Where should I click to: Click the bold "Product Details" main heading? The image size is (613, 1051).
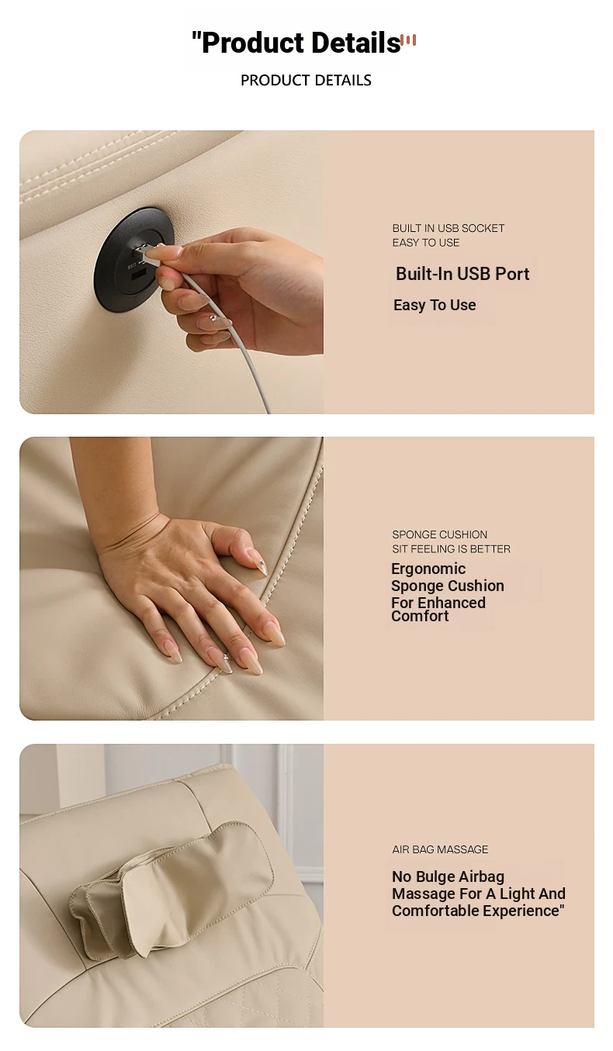(x=301, y=43)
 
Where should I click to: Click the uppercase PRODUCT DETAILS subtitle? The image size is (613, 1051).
(x=306, y=80)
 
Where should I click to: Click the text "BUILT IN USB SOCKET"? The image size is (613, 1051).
(x=448, y=228)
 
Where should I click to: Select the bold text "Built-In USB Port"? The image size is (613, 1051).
(x=462, y=274)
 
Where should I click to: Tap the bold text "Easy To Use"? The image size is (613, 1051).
(x=435, y=305)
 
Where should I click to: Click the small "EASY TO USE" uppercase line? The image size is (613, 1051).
(x=426, y=243)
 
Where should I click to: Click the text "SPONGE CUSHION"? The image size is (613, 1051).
(x=440, y=534)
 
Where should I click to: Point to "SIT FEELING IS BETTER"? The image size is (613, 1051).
(x=451, y=549)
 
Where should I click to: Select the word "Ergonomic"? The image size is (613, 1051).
(x=428, y=569)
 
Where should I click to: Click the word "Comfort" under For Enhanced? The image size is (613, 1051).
(x=420, y=616)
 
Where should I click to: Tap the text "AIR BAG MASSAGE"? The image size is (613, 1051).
(x=440, y=849)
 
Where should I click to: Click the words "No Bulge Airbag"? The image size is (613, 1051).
(x=448, y=876)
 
